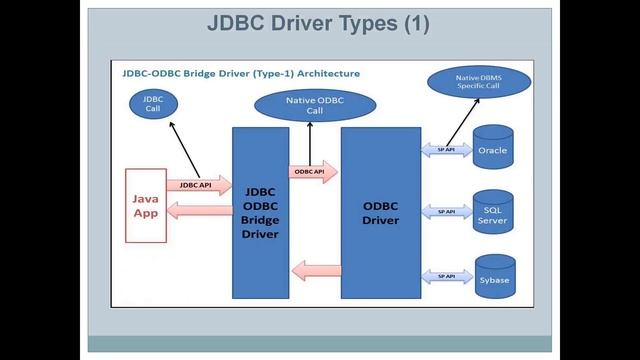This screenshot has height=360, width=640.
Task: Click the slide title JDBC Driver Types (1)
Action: (x=318, y=24)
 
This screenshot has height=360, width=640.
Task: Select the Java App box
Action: (x=145, y=205)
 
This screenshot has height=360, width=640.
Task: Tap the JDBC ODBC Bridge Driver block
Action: (x=260, y=212)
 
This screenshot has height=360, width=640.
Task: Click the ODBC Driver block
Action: (x=380, y=212)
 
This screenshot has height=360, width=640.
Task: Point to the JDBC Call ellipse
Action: (x=153, y=103)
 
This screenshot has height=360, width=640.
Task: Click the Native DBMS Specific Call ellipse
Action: (x=478, y=81)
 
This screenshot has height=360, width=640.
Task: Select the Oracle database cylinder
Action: (x=493, y=150)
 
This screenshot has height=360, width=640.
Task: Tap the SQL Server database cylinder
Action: (x=493, y=214)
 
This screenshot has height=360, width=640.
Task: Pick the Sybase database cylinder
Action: (x=493, y=278)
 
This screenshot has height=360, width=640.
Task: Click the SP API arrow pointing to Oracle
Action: (x=446, y=149)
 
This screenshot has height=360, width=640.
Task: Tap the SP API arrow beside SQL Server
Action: (x=446, y=212)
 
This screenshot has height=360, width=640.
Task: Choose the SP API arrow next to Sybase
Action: (x=446, y=276)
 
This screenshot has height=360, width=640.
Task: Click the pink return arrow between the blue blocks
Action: (x=315, y=269)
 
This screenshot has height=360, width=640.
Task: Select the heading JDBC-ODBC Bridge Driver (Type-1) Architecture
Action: (x=241, y=74)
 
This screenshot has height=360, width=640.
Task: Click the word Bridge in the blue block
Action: (x=260, y=219)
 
